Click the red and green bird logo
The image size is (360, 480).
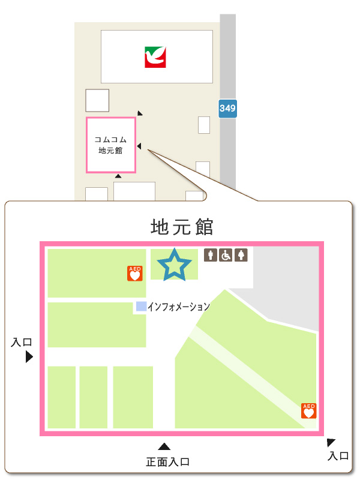(155, 57)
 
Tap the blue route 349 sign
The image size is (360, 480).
(227, 109)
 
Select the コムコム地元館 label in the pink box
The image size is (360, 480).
(110, 145)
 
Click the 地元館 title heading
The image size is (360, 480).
(182, 227)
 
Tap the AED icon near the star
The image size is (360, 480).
(135, 274)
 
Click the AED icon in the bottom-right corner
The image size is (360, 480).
(309, 411)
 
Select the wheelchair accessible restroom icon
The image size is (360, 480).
(226, 256)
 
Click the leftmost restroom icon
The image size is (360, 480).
(211, 256)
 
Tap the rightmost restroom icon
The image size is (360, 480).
(241, 256)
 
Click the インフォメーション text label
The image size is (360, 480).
(178, 307)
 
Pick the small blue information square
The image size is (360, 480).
(141, 306)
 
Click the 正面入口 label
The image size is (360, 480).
(168, 462)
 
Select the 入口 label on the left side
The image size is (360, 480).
(22, 343)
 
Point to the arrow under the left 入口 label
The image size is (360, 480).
(29, 357)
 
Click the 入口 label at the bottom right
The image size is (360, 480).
(338, 455)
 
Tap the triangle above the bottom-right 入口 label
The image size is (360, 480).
(331, 443)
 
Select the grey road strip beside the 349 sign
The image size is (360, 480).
(227, 60)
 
